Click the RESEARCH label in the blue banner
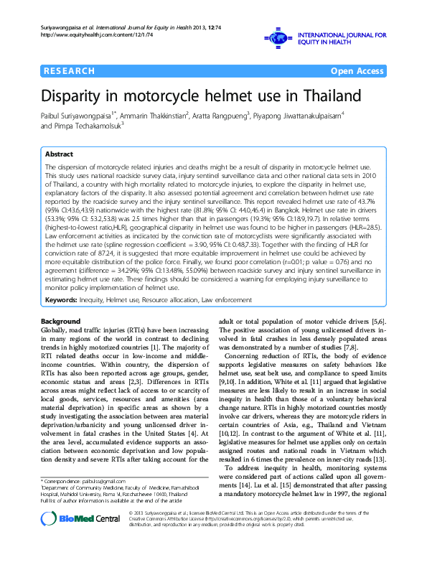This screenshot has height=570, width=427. [x=69, y=71]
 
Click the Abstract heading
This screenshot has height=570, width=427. [x=59, y=154]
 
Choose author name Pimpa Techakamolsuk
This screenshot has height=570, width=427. [x=86, y=126]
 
